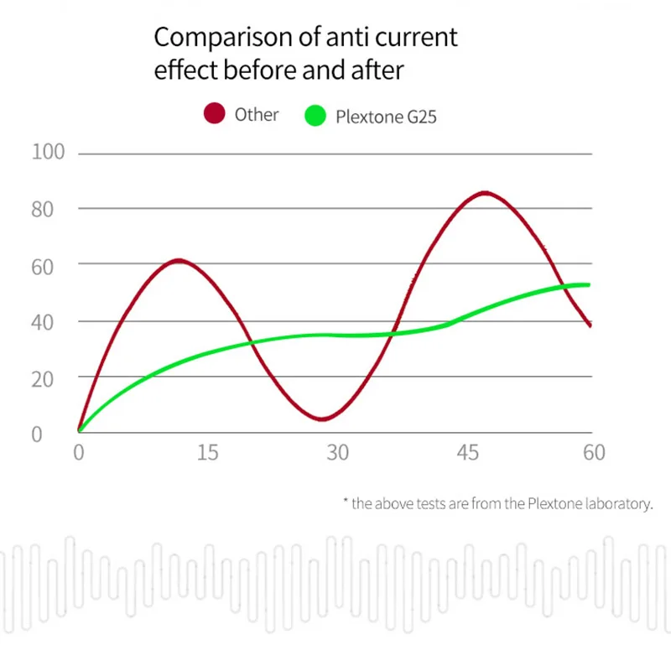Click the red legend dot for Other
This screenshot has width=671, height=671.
tap(215, 113)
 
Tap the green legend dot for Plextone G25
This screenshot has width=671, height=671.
tap(315, 116)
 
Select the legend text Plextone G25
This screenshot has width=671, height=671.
tap(386, 117)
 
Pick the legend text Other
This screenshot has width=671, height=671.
tap(257, 115)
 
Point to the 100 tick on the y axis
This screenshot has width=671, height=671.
tap(48, 152)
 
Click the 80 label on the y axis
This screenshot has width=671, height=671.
tap(43, 210)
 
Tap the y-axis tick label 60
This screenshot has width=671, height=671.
tap(43, 268)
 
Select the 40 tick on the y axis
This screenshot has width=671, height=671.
tap(43, 323)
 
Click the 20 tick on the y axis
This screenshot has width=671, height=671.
tap(43, 380)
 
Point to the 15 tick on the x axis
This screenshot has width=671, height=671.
tap(207, 453)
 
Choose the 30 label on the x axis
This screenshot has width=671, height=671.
tap(338, 453)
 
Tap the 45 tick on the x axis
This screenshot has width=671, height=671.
tap(468, 453)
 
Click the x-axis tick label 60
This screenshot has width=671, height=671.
tap(594, 453)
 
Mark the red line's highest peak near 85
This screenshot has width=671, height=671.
tap(485, 194)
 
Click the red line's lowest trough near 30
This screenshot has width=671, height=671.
tap(322, 419)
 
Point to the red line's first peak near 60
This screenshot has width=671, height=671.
tap(179, 261)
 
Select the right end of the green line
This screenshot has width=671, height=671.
tap(589, 285)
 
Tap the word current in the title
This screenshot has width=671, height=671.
tap(416, 38)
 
